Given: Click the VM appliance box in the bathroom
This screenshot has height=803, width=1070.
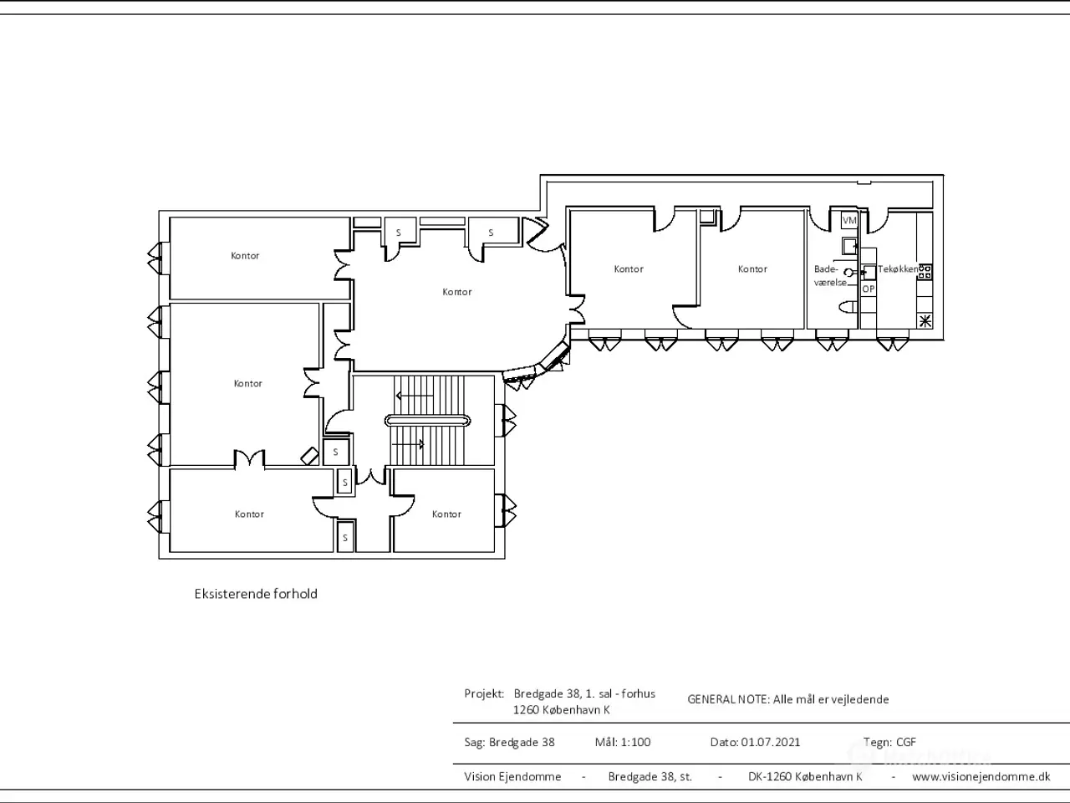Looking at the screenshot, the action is (x=849, y=220).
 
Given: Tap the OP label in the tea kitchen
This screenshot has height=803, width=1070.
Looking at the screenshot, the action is (x=869, y=289).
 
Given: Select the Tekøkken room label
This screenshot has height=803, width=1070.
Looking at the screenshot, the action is (x=898, y=269).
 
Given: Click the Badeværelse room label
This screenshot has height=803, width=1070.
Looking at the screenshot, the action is (x=830, y=275).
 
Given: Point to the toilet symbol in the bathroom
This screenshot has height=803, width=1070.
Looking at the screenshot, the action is (x=848, y=307).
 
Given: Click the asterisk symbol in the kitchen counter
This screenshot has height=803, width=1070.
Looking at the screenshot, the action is (x=925, y=321).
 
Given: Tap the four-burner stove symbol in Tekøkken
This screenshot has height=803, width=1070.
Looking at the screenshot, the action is (x=925, y=272).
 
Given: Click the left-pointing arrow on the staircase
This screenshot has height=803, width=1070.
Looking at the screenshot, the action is (x=415, y=396).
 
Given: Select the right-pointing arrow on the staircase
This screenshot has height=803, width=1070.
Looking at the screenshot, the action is (x=408, y=444).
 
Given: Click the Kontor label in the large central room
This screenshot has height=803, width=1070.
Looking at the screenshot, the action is (x=456, y=292).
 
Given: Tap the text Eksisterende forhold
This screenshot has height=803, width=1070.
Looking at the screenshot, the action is (x=256, y=594).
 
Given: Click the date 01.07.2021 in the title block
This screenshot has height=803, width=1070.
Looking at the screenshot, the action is (x=771, y=743).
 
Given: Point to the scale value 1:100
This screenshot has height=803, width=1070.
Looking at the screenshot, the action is (x=635, y=743).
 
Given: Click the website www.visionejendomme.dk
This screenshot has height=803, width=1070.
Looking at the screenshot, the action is (x=981, y=777).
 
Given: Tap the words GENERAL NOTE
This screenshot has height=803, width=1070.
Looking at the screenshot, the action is (x=729, y=699).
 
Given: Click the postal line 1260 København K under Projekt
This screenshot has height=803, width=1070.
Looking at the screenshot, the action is (x=561, y=710).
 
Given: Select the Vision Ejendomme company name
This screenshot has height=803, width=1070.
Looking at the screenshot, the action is (x=512, y=777).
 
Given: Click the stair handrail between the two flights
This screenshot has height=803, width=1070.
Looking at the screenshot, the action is (x=427, y=420).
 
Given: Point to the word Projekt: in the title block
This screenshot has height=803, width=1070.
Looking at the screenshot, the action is (x=484, y=694).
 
